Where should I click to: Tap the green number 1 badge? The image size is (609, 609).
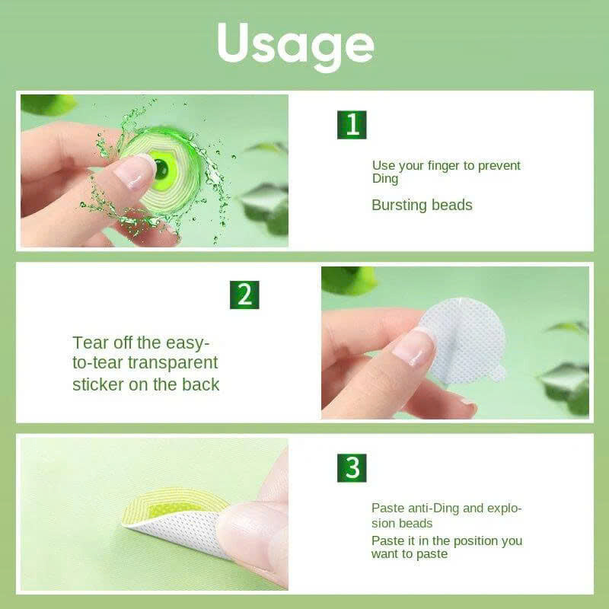click(x=352, y=125)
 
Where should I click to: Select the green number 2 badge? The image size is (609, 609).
click(x=244, y=295)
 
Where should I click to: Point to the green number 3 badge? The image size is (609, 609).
click(x=352, y=467)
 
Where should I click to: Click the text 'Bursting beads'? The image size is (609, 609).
click(x=422, y=205)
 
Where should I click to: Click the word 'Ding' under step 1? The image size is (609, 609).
click(x=385, y=180)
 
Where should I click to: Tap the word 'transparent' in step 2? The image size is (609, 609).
click(x=173, y=363)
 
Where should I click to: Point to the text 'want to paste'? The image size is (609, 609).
click(x=410, y=554)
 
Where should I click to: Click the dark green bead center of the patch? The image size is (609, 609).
click(x=161, y=170)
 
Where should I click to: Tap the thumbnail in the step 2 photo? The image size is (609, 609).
click(x=415, y=346)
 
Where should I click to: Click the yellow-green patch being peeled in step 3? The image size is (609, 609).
click(x=175, y=505)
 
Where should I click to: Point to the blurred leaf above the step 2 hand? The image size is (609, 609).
click(x=349, y=280)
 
